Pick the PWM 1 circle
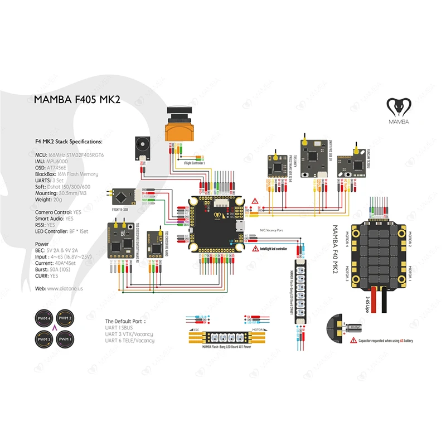click(x=66, y=338)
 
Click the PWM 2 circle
click(x=66, y=319)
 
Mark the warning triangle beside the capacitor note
click(x=353, y=340)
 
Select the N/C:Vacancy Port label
click(x=272, y=229)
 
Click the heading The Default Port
click(x=125, y=322)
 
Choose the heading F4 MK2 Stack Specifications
click(x=63, y=143)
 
